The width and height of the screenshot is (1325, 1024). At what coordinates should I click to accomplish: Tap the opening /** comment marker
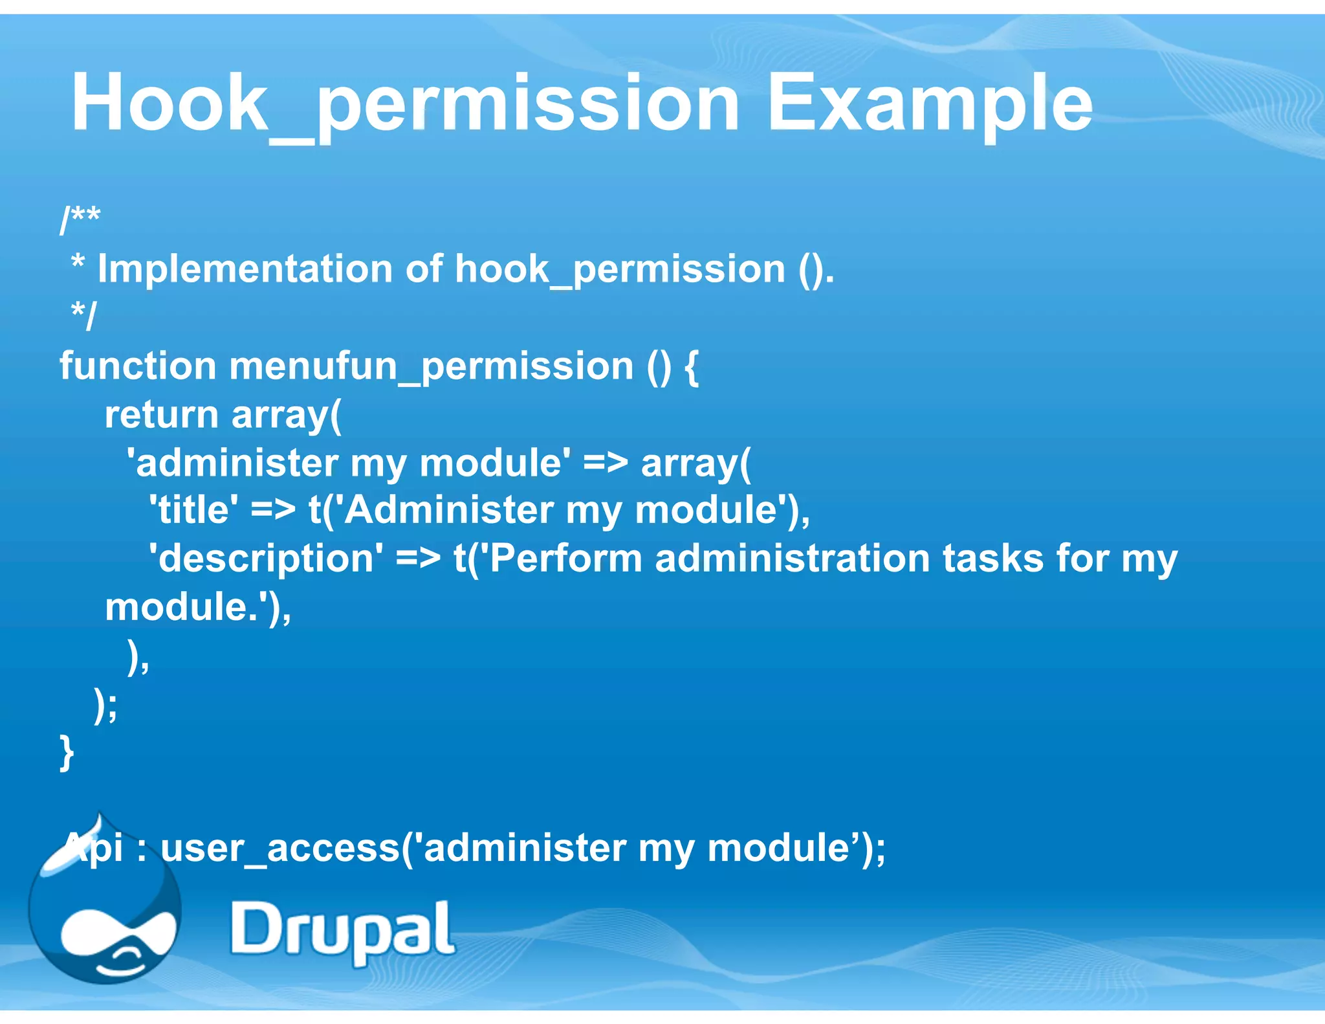pos(80,219)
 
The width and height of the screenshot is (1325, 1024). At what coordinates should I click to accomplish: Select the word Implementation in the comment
pos(245,269)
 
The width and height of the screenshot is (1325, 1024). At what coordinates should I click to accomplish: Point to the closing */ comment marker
pos(83,316)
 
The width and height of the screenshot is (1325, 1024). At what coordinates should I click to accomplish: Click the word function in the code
pos(138,366)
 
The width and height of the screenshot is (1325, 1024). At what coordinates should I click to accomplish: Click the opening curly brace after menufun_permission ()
pos(691,367)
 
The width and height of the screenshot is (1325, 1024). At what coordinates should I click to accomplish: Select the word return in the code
pos(162,415)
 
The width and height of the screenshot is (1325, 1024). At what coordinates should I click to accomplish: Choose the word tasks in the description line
pos(992,559)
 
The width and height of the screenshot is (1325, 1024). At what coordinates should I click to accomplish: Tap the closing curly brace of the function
pos(67,752)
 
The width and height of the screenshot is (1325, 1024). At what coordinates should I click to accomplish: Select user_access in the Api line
pos(279,848)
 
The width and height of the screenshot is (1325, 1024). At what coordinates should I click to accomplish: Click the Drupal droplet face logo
pos(107,919)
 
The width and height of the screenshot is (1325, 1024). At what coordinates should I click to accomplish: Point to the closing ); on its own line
pos(106,705)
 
